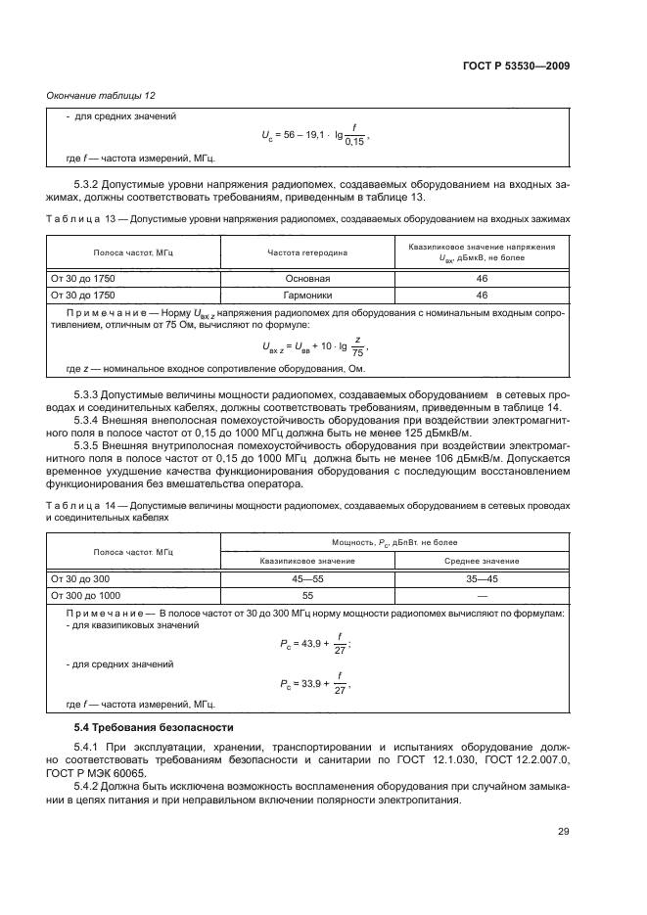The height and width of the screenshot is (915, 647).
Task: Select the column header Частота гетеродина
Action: pyautogui.click(x=306, y=252)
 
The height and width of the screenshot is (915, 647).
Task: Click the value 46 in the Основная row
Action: pyautogui.click(x=482, y=278)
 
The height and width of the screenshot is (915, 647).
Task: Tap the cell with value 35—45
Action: pyautogui.click(x=482, y=579)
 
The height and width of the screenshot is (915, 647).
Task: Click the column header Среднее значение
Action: pyautogui.click(x=482, y=561)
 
